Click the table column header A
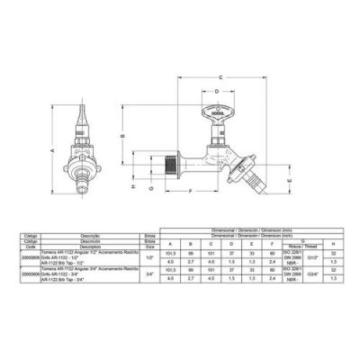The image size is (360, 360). pos(171,243)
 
